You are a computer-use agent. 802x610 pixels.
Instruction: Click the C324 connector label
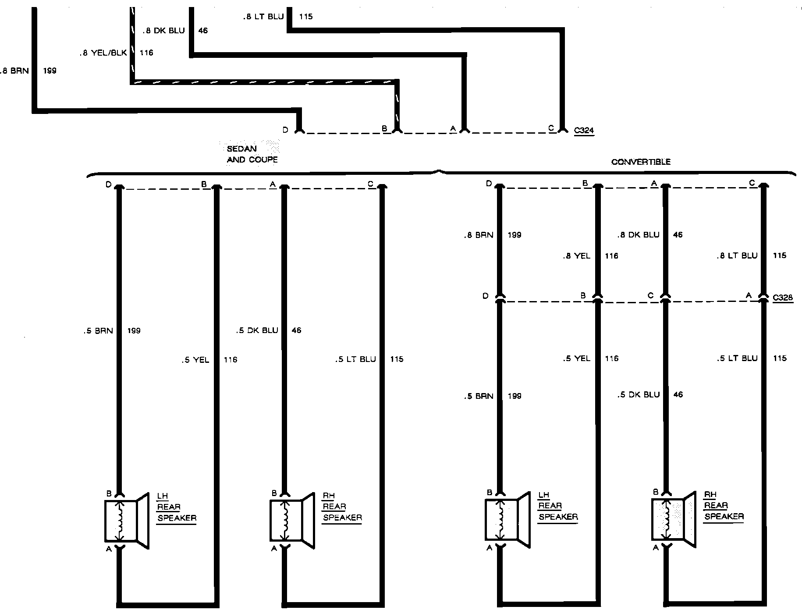[584, 130]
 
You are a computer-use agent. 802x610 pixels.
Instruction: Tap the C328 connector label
[783, 298]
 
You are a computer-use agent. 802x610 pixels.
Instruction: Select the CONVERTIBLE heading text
[641, 162]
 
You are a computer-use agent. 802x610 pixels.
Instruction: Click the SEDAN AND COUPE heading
[252, 154]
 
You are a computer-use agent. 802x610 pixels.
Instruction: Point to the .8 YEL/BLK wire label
[103, 53]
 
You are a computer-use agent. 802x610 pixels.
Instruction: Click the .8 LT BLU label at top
[263, 17]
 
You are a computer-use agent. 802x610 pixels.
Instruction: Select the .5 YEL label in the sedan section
[195, 360]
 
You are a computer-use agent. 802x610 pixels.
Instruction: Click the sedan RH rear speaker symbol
[291, 520]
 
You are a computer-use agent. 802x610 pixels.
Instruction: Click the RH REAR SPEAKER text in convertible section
[724, 506]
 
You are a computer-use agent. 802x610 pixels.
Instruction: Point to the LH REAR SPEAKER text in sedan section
[176, 507]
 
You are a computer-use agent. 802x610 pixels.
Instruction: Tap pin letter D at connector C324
[285, 130]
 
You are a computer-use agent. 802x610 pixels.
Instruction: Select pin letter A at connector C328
[749, 296]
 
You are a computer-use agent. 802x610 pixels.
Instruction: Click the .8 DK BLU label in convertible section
[638, 235]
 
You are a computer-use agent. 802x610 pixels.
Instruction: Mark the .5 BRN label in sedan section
[98, 331]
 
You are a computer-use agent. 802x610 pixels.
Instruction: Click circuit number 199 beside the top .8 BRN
[50, 71]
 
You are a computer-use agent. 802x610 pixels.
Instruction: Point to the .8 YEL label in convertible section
[577, 256]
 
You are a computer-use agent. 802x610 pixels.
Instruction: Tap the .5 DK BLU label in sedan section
[257, 330]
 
